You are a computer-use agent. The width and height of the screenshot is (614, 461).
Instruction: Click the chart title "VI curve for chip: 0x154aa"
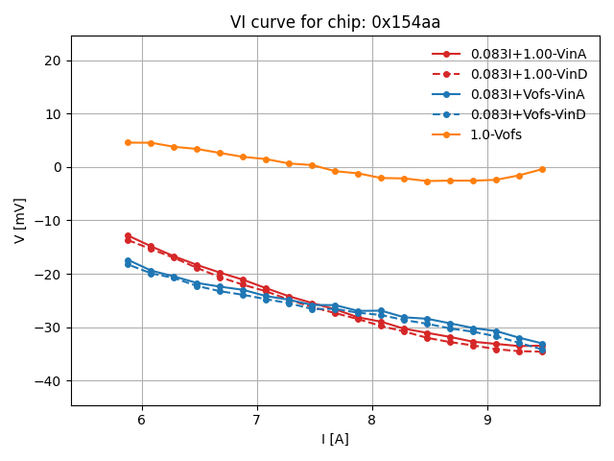click(x=335, y=22)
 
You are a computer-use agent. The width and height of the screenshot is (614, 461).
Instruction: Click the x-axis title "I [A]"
click(x=335, y=439)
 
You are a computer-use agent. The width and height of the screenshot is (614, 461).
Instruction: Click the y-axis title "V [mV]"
click(x=20, y=220)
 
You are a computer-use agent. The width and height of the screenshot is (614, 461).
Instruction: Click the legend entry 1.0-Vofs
click(x=496, y=134)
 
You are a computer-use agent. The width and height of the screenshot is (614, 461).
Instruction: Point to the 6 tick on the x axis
click(x=142, y=420)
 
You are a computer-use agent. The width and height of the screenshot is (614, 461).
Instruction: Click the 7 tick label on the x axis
click(x=257, y=420)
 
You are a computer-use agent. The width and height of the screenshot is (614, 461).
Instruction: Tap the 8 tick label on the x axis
click(x=372, y=420)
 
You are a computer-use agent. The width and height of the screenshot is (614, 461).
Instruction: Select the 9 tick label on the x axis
click(x=487, y=420)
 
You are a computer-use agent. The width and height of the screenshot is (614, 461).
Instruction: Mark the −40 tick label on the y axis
click(x=49, y=381)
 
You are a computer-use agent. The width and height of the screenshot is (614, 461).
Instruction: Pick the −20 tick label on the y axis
click(x=49, y=275)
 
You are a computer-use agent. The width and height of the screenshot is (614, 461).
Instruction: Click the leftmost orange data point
click(x=128, y=142)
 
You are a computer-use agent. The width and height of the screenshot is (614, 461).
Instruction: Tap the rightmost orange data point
click(x=542, y=169)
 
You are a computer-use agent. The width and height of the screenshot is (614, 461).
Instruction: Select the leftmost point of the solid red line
click(x=128, y=235)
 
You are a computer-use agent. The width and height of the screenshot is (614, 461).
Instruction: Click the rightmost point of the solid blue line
click(x=542, y=344)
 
